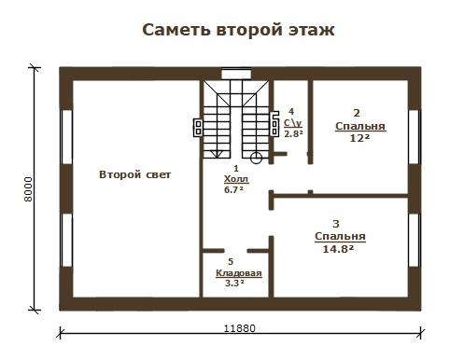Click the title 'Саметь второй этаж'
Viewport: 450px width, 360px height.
click(x=238, y=30)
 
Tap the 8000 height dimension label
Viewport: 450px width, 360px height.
click(x=28, y=189)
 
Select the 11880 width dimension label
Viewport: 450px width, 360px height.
click(x=240, y=328)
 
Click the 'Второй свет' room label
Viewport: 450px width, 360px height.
click(x=134, y=174)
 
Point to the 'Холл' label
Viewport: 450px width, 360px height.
click(x=236, y=179)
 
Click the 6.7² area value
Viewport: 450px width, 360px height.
click(x=233, y=189)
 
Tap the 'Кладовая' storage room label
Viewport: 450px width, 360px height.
click(x=239, y=273)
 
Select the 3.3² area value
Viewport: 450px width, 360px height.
click(x=234, y=284)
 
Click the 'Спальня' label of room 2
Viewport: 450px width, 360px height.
click(x=360, y=127)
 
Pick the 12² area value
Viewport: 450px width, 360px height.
click(x=360, y=138)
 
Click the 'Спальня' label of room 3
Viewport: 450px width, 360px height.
click(x=340, y=237)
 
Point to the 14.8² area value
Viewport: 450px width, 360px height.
click(x=338, y=249)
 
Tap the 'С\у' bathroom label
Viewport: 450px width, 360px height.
click(x=293, y=123)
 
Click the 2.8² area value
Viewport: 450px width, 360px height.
click(x=293, y=133)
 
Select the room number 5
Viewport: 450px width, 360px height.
click(x=231, y=262)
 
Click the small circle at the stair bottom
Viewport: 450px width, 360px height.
click(x=256, y=158)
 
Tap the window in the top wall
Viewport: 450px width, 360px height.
click(x=236, y=75)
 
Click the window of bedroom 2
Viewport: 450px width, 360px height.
click(x=415, y=137)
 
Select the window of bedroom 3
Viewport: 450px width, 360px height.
click(x=415, y=240)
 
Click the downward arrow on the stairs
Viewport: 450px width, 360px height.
click(x=217, y=154)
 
